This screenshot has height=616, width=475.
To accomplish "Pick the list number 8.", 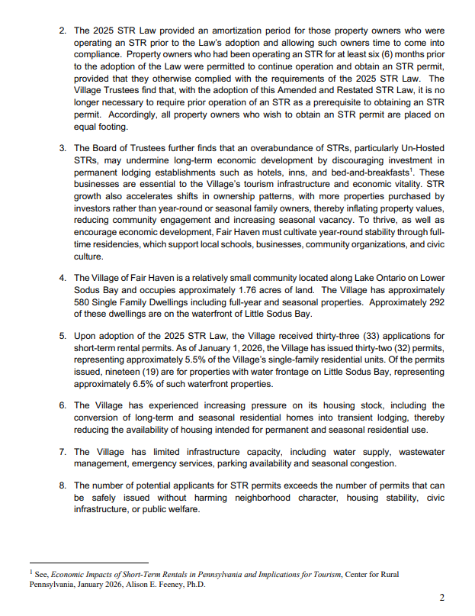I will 63,485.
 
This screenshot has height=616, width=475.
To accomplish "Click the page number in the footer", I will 442,597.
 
